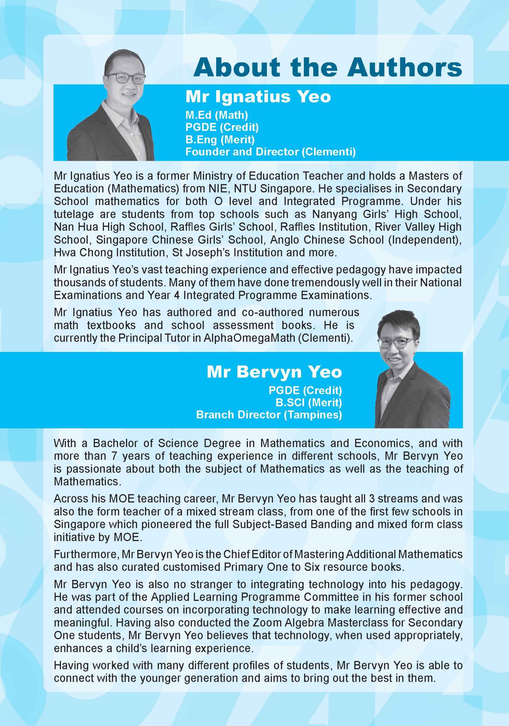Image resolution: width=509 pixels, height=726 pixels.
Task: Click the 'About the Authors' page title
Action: click(327, 67)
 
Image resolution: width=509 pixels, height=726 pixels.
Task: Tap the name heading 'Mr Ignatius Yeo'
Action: click(258, 96)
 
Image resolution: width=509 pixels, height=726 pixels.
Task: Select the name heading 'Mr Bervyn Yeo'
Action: click(274, 372)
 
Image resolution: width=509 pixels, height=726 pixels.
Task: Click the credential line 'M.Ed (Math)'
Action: click(216, 115)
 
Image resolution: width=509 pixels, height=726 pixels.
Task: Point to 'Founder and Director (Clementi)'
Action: click(270, 152)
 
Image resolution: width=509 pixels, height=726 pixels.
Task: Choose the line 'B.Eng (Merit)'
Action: click(220, 140)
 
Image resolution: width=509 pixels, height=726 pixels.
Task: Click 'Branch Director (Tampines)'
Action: click(269, 415)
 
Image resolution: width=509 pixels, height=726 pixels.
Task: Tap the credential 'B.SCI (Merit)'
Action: click(309, 402)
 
